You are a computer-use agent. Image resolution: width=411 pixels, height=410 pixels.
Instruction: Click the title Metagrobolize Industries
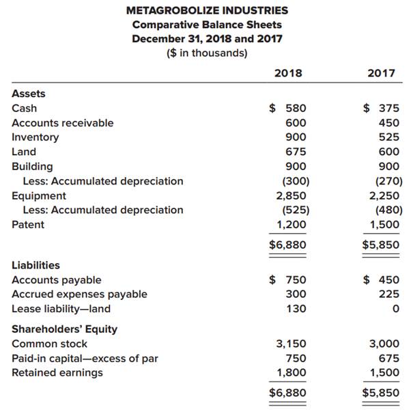pos(207,10)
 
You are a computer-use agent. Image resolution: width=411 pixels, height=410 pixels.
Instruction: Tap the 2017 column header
pos(380,73)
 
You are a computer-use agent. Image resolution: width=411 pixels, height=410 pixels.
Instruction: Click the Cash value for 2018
pos(289,108)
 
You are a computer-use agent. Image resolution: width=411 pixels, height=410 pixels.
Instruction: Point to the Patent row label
pos(28,225)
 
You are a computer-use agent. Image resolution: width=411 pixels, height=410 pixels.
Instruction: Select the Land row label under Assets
pos(24,152)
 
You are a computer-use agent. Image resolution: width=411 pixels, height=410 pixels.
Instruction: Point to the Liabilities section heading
pos(36,265)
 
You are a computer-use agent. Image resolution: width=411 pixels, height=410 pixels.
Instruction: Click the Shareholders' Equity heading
pos(65,329)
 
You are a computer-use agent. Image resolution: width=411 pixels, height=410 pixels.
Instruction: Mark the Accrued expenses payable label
pos(79,294)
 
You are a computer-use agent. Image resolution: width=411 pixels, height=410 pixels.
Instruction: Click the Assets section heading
pos(29,94)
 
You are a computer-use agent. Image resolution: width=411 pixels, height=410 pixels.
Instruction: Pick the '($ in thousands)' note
pos(207,53)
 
